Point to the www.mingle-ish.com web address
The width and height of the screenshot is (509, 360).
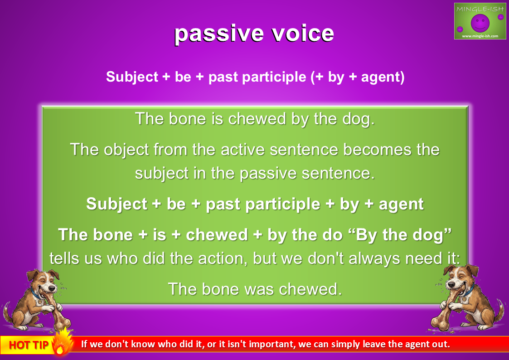click(480, 36)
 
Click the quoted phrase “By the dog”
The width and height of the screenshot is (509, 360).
click(404, 235)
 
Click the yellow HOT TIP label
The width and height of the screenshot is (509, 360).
click(29, 345)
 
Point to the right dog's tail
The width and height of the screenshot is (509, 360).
click(499, 308)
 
